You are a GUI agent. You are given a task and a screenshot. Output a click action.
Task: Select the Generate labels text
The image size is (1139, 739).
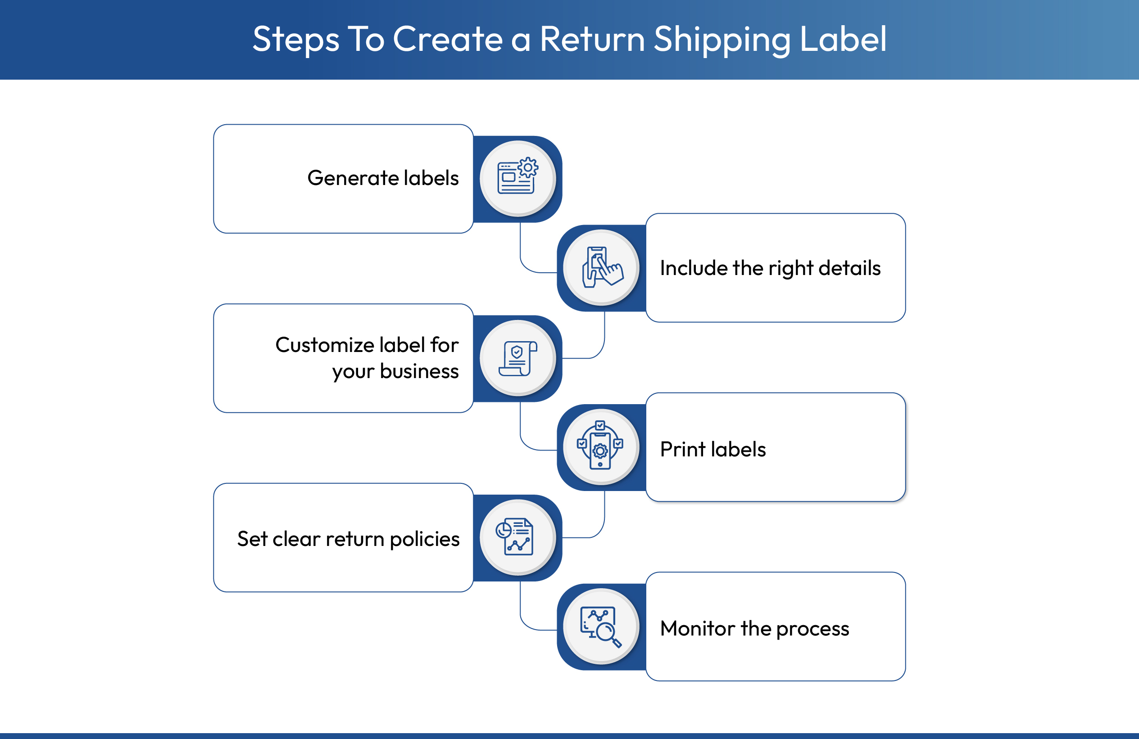tap(383, 178)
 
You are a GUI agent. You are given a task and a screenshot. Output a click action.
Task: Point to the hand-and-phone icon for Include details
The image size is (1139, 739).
tap(602, 267)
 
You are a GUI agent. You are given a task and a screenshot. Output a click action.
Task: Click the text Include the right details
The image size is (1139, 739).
tap(770, 268)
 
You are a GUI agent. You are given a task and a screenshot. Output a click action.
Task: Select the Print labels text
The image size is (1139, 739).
tap(712, 449)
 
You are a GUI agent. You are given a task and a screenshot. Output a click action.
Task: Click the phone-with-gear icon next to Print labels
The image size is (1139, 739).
tap(600, 446)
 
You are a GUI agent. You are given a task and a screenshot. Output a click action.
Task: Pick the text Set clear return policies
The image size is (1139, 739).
tap(348, 539)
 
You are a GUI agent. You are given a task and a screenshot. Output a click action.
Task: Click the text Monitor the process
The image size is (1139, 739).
tap(754, 628)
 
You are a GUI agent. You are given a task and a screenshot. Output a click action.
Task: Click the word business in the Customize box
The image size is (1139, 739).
tap(419, 371)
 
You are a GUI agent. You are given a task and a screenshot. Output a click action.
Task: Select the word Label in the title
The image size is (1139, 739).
tap(843, 39)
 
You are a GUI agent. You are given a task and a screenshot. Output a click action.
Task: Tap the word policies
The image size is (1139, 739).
tap(425, 540)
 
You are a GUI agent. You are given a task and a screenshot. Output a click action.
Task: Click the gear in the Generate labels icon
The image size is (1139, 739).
tap(528, 167)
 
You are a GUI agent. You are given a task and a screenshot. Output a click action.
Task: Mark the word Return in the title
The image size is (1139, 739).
tap(593, 39)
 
